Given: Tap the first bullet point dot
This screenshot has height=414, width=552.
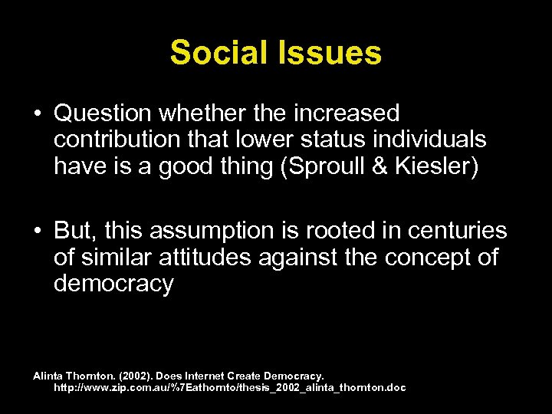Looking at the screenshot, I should coord(38,115).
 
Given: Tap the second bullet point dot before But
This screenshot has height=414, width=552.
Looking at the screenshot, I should coord(38,232).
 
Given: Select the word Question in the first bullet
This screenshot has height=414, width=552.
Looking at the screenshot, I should coord(103,114).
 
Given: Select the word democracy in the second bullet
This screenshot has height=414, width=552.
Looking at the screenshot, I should coord(113,284).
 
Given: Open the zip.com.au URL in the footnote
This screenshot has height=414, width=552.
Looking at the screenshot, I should coord(229,388).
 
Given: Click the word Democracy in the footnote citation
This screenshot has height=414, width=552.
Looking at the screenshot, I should coord(294,376).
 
